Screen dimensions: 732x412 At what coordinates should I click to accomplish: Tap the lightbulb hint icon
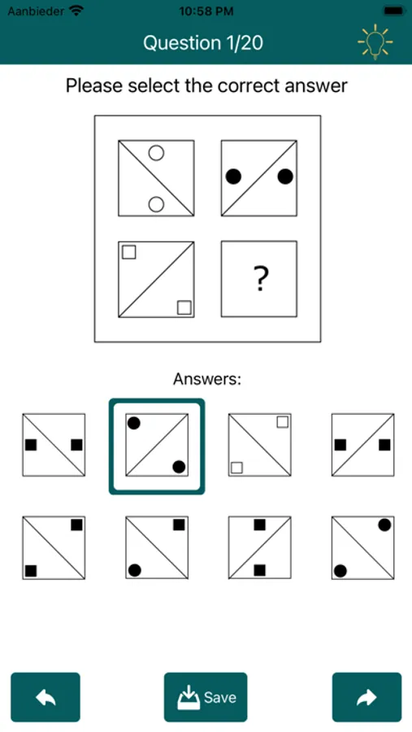coord(375,42)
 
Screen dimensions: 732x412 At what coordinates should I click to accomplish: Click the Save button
coord(206,697)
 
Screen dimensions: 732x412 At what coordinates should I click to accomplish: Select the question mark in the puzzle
coord(259,279)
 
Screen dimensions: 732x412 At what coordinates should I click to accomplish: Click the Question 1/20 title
coord(203,42)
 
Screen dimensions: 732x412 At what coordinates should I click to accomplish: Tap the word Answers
coord(207,378)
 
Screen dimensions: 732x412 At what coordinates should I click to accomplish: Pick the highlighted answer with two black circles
coord(157,446)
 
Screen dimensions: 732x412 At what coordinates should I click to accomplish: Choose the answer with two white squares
coord(259,445)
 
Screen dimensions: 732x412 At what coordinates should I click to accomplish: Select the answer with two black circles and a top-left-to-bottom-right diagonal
coord(362,547)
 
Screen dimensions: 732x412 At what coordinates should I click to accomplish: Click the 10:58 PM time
coord(206,11)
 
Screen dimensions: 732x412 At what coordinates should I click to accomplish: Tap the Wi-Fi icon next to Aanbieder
coord(76,11)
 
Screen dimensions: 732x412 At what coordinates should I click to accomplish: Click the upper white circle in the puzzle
coord(157,152)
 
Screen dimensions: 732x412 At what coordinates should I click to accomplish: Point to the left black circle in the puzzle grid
coord(234,176)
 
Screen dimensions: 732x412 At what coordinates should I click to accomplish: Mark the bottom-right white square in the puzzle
coord(184,307)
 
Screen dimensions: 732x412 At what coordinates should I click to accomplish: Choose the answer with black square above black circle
coord(157,547)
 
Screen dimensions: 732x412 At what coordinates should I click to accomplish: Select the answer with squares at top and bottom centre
coord(259,547)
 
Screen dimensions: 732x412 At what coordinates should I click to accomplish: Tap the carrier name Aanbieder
coord(35,11)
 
